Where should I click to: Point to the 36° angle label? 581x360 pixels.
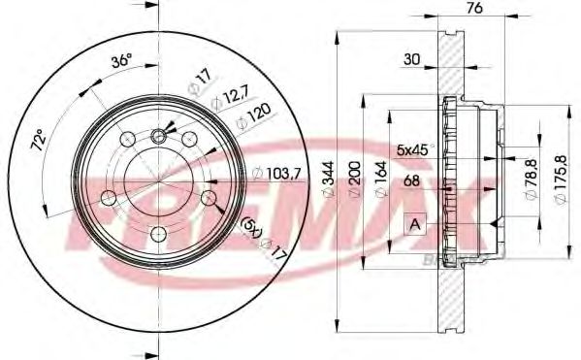(x=122, y=61)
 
